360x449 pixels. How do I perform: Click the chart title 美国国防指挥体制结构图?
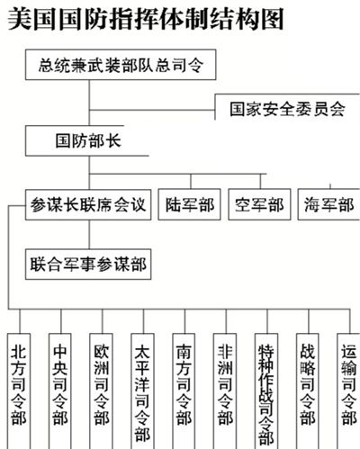click(x=146, y=20)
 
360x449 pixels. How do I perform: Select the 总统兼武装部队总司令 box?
click(x=121, y=65)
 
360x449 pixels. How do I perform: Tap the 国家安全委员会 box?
click(x=287, y=107)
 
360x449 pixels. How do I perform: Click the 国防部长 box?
click(x=87, y=140)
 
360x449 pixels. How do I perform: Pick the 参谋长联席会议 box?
click(x=88, y=204)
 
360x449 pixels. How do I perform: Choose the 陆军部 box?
click(x=190, y=204)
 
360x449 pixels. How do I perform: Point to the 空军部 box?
click(x=259, y=204)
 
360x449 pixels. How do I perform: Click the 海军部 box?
click(x=328, y=204)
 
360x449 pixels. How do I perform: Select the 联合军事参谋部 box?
click(x=88, y=265)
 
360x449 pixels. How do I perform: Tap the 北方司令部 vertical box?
click(x=19, y=391)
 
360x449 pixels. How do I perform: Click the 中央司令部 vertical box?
click(x=60, y=391)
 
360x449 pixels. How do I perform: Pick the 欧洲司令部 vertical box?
click(x=102, y=391)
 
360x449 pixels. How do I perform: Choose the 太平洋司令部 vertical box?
click(x=142, y=391)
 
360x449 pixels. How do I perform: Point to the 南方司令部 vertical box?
click(x=184, y=391)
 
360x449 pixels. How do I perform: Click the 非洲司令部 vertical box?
click(x=225, y=391)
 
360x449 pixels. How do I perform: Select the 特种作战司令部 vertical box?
click(x=266, y=391)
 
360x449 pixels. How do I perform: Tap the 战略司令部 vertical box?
click(x=308, y=391)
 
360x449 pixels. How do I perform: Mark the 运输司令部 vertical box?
click(x=348, y=391)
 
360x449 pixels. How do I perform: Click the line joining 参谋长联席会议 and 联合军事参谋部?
click(x=89, y=235)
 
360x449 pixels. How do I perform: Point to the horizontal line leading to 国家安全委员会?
click(x=152, y=110)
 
